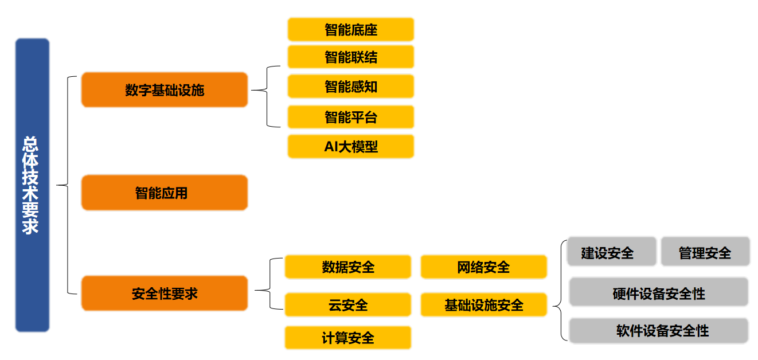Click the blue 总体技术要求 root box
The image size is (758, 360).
(32, 185)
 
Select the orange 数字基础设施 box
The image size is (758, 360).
(165, 90)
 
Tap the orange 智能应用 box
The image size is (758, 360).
(165, 193)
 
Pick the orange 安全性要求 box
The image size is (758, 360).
(165, 294)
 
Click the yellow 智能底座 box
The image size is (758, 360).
(350, 29)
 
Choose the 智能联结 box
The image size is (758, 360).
(350, 57)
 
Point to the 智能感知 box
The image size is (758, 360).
(350, 87)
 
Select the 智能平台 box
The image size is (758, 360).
(350, 117)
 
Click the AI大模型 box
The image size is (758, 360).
(350, 147)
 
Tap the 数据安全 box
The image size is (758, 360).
(348, 267)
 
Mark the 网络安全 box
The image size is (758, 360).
(483, 267)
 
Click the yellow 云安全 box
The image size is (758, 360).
(348, 304)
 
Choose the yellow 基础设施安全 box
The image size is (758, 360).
(483, 304)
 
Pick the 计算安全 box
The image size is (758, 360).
(348, 338)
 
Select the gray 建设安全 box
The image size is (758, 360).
(611, 252)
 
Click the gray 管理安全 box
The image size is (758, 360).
(705, 252)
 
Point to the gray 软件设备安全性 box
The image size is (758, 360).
(658, 331)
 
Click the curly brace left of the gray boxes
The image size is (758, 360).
(559, 290)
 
